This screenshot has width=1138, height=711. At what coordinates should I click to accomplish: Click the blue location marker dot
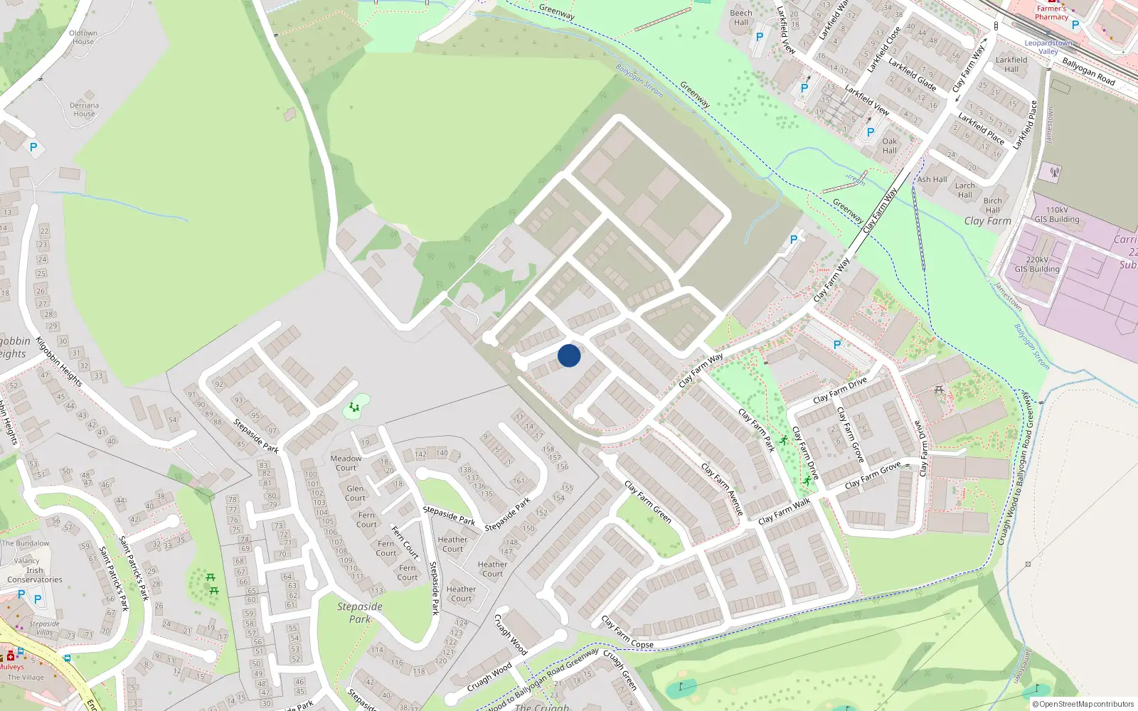pyautogui.click(x=569, y=355)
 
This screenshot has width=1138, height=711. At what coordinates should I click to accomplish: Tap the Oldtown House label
pyautogui.click(x=83, y=37)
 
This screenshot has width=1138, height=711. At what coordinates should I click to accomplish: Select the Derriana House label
pyautogui.click(x=84, y=109)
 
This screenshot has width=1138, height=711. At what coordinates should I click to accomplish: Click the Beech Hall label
pyautogui.click(x=741, y=17)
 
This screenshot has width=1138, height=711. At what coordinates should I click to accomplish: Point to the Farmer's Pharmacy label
pyautogui.click(x=1051, y=13)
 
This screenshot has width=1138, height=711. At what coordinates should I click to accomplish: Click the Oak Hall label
pyautogui.click(x=890, y=146)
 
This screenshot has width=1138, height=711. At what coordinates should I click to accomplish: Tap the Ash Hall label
pyautogui.click(x=932, y=179)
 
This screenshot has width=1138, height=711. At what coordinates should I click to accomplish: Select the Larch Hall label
pyautogui.click(x=965, y=190)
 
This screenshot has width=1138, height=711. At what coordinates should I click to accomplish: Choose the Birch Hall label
pyautogui.click(x=993, y=205)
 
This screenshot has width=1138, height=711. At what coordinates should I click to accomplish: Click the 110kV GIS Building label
pyautogui.click(x=1057, y=214)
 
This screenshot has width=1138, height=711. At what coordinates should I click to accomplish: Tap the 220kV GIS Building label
pyautogui.click(x=1037, y=264)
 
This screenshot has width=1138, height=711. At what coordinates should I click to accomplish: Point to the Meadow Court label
pyautogui.click(x=346, y=463)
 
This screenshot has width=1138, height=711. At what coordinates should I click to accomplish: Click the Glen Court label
pyautogui.click(x=355, y=493)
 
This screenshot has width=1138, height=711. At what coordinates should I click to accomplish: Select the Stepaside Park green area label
pyautogui.click(x=360, y=612)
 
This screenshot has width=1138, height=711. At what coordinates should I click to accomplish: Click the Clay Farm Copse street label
pyautogui.click(x=627, y=632)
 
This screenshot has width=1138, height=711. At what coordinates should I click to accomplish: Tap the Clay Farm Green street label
pyautogui.click(x=648, y=501)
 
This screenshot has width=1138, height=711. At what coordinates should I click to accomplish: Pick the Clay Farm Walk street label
pyautogui.click(x=784, y=511)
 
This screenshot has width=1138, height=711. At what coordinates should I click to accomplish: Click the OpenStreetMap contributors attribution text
pyautogui.click(x=1086, y=704)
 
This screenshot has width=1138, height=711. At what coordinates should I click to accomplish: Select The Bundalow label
pyautogui.click(x=26, y=543)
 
